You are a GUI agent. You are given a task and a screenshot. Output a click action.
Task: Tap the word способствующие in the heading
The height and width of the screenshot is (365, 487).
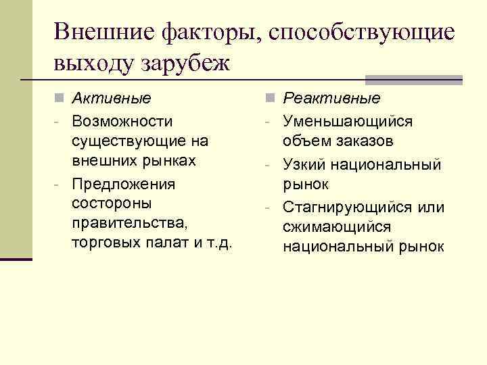tap(362, 32)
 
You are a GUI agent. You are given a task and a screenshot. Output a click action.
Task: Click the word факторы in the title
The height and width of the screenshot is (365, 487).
tap(214, 32)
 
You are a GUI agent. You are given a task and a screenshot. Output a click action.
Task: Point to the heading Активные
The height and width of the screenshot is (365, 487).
tap(112, 99)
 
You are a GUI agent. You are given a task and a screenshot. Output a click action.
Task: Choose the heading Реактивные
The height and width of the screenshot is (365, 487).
tap(331, 99)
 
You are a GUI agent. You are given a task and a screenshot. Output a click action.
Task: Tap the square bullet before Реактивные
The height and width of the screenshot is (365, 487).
tap(269, 99)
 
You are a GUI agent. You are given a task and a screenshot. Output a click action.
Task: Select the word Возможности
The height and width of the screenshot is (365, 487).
tap(122, 121)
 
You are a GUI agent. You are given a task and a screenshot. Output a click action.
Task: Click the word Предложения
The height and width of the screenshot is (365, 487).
tap(123, 184)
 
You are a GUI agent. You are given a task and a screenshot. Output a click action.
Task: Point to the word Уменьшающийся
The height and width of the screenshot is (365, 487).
tap(348, 121)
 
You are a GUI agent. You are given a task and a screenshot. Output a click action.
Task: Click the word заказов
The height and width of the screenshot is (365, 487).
tap(366, 142)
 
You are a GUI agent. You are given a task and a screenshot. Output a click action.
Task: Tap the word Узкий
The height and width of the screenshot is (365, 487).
tap(303, 164)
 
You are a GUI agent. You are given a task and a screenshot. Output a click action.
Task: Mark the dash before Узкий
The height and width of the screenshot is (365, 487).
tap(269, 164)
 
